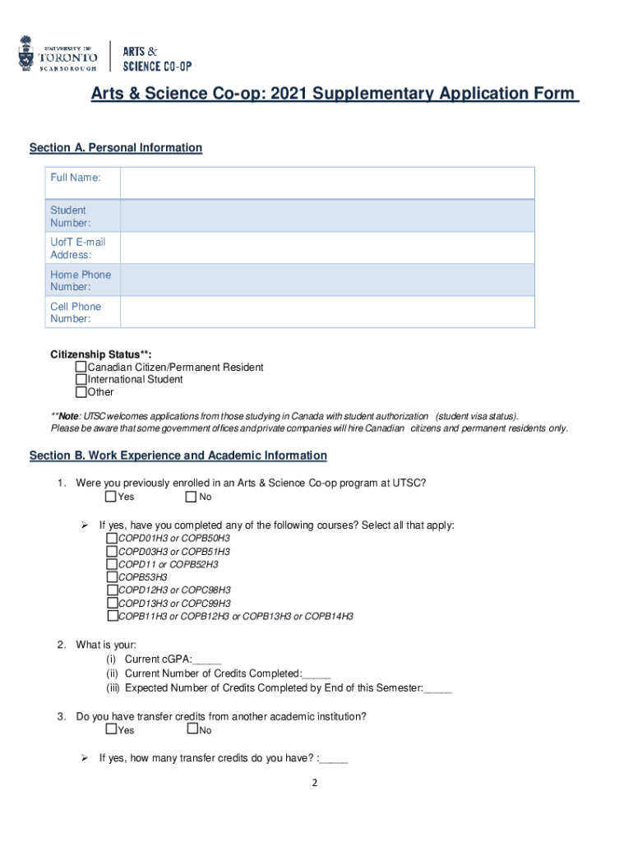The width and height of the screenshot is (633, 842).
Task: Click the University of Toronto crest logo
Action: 28,53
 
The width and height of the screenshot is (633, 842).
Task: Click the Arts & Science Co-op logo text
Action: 156,56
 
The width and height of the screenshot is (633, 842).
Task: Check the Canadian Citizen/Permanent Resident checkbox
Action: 81,367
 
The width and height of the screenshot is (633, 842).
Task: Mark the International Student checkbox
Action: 81,379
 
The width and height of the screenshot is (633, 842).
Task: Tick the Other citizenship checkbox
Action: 81,391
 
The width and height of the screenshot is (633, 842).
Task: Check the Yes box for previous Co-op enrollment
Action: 111,497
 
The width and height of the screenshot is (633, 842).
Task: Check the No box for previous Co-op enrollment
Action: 191,497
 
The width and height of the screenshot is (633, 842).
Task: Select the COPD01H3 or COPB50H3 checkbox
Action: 112,538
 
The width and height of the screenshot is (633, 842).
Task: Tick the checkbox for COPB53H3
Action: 112,577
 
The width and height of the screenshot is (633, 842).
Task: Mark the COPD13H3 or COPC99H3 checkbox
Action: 112,603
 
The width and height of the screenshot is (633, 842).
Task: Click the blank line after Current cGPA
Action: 206,659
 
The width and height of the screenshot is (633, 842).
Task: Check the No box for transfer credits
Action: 192,729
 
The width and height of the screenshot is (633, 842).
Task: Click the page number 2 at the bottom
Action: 314,783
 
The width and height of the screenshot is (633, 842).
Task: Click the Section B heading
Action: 178,456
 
